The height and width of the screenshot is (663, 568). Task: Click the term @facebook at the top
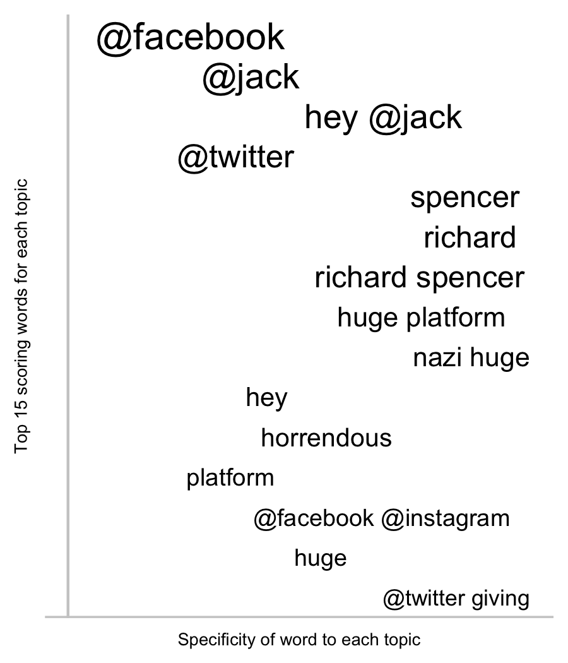coord(191,38)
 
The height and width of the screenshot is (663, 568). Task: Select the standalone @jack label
coord(251,78)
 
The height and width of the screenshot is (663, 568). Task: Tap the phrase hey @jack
coord(383,117)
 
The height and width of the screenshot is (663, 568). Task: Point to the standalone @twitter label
coord(236,157)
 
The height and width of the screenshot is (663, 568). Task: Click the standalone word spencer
coord(465,198)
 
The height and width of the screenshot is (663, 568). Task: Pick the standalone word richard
coord(470,237)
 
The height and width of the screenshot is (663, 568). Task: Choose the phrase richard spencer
coord(420,278)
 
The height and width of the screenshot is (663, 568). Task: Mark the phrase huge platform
coord(422,318)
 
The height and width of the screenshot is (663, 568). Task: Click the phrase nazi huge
coord(471,358)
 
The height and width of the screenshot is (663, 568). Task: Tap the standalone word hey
coord(267,398)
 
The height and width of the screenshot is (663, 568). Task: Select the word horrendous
coord(326,438)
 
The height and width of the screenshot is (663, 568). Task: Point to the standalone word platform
coord(230,478)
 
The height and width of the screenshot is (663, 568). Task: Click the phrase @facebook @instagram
coord(382,518)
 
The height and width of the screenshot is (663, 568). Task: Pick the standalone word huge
coord(321,558)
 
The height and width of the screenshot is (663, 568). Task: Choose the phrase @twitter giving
coord(456,599)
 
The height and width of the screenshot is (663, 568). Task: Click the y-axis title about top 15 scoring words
coord(21,316)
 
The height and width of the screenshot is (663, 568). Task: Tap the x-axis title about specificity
coord(299,640)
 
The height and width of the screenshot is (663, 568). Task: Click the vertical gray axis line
coord(68,316)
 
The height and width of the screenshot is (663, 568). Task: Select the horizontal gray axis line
coord(299,618)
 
